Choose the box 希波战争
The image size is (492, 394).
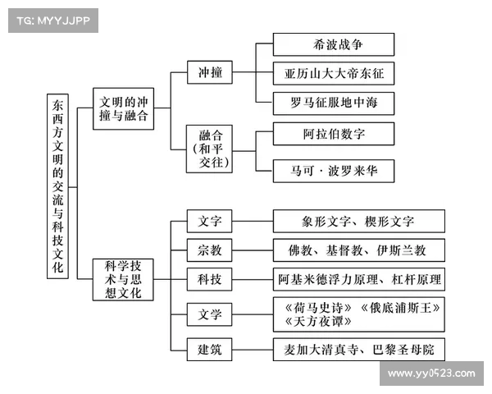pyautogui.click(x=334, y=44)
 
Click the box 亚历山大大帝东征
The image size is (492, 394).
pyautogui.click(x=334, y=73)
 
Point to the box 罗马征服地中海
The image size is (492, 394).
pyautogui.click(x=334, y=103)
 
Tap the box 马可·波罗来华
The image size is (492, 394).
pyautogui.click(x=334, y=172)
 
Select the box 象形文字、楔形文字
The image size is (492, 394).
pyautogui.click(x=358, y=221)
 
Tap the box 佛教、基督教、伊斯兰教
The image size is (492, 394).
pyautogui.click(x=358, y=250)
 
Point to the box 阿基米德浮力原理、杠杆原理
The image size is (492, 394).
pyautogui.click(x=358, y=279)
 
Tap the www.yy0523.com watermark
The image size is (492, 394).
pyautogui.click(x=430, y=373)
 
